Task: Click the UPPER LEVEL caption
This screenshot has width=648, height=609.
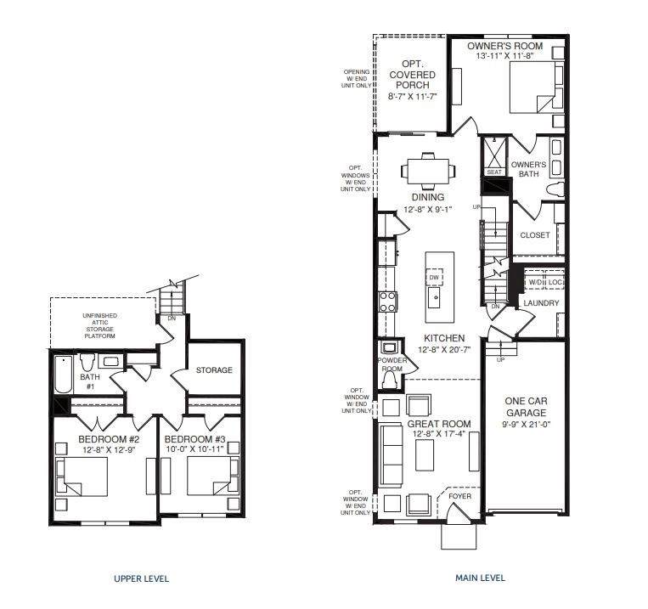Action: pos(141,578)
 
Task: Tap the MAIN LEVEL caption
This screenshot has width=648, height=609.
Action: pos(480,578)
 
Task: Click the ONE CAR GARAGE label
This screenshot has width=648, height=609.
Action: pos(526,407)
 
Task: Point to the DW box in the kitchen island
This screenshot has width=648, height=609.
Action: pos(434,278)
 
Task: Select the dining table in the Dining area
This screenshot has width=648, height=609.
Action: pos(428,171)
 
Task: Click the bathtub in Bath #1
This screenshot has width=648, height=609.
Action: pos(64,375)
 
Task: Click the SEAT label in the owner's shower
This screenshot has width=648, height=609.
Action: pos(494,172)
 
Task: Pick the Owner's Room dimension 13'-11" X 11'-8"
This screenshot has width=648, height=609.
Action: pos(505,56)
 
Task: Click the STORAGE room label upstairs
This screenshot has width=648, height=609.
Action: pos(214,370)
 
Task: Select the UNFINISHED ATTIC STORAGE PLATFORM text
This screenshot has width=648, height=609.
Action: pos(100,326)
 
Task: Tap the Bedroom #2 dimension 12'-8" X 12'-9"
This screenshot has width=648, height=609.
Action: pos(109,449)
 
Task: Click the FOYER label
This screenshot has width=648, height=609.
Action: pos(460,496)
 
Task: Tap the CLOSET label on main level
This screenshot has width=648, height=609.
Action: pos(535,234)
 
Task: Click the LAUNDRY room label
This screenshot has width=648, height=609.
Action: pos(541,303)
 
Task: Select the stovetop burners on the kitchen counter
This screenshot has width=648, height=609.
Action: pos(388,302)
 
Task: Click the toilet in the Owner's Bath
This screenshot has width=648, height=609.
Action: pos(555,189)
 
